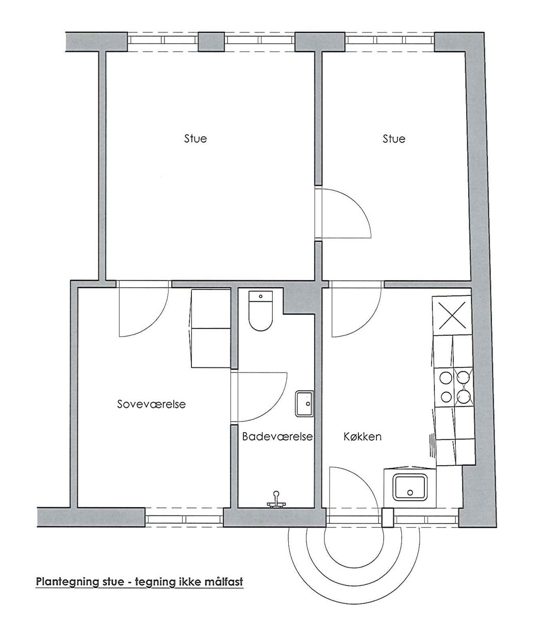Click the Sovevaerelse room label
click(152, 404)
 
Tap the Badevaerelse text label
click(277, 436)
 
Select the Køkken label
click(363, 436)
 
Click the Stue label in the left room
click(195, 139)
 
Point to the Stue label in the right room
click(394, 139)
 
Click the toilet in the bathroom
click(260, 311)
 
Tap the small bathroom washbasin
click(304, 403)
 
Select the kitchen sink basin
click(410, 487)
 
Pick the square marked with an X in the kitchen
click(452, 315)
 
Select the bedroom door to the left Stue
click(143, 308)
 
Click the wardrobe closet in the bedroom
click(210, 329)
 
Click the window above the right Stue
click(390, 41)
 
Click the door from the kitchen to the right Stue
click(356, 309)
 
